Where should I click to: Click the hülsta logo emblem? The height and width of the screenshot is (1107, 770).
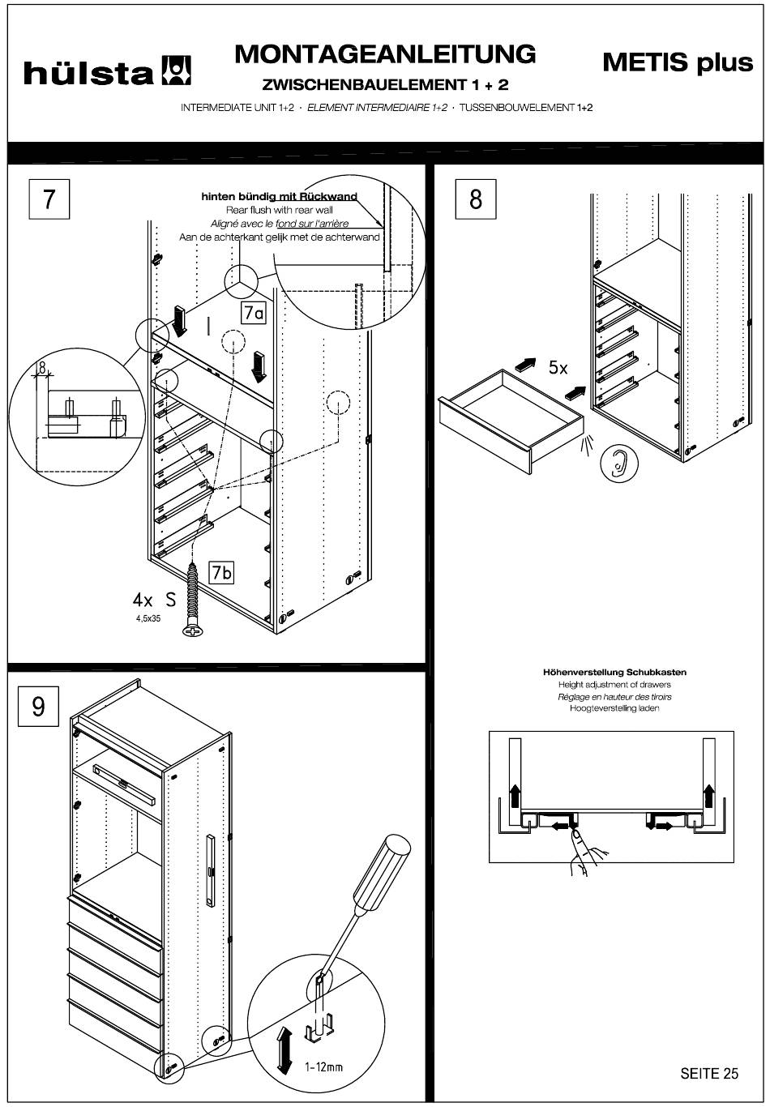[x=178, y=71]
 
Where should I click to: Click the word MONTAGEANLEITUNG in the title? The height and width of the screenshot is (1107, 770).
[x=385, y=53]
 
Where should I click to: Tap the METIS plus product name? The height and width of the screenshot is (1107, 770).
[x=678, y=62]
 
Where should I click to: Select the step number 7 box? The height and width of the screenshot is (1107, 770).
[x=49, y=199]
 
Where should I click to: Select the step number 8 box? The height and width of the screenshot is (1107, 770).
[x=476, y=199]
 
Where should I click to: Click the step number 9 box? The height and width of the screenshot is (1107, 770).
[x=38, y=707]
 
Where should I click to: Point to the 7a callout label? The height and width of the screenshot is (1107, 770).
[x=254, y=314]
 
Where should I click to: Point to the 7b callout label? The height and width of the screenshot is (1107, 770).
[x=221, y=572]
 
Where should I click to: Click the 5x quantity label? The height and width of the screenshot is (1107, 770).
[x=558, y=367]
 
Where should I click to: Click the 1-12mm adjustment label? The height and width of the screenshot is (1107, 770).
[x=323, y=1066]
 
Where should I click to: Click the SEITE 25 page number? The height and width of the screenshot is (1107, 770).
[x=709, y=1073]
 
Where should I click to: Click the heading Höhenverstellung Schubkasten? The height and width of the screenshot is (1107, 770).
[x=614, y=672]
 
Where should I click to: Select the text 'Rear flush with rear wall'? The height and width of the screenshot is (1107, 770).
[x=280, y=210]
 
